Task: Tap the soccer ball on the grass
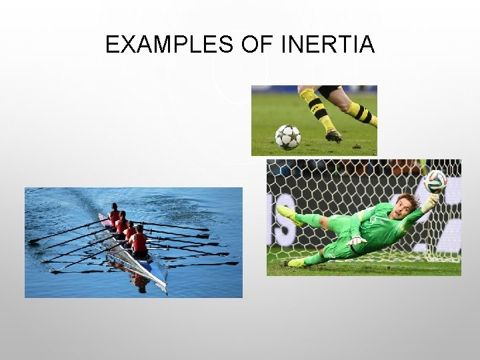[x=288, y=137]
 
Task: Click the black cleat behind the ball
[x=334, y=136]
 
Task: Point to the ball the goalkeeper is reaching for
[x=435, y=181]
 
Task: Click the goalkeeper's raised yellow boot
[x=287, y=214]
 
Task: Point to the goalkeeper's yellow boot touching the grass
[x=297, y=262]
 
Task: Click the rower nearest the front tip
[x=140, y=241]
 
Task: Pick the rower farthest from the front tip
[x=114, y=215]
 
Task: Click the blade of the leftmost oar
[x=33, y=241]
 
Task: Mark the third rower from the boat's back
[x=130, y=231]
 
